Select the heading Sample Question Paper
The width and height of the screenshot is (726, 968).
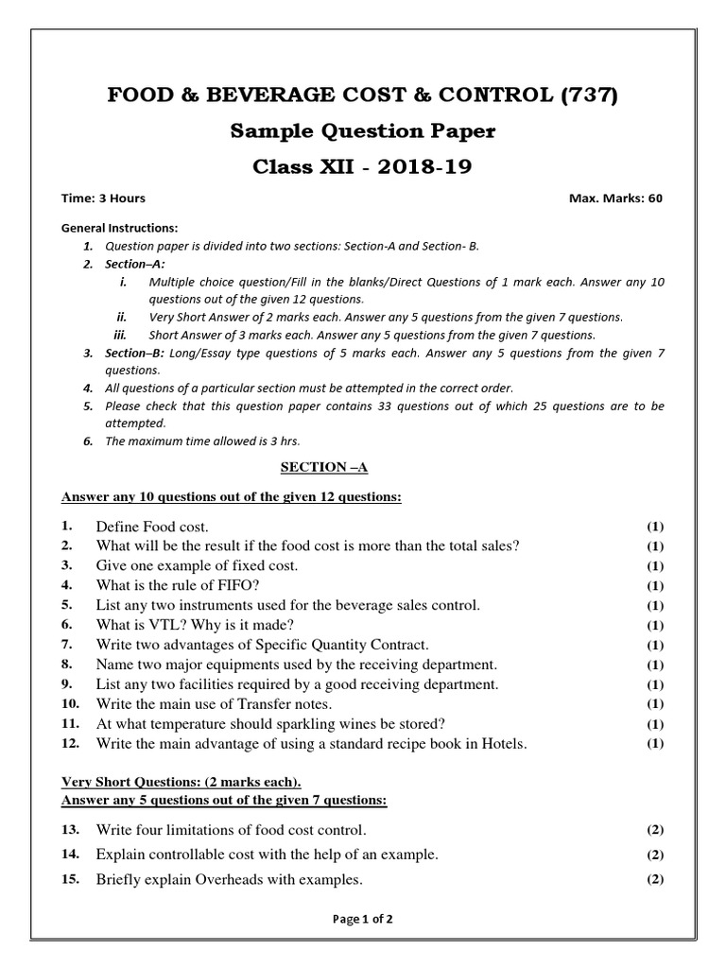coord(363,131)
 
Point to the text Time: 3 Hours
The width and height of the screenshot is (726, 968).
coord(104,199)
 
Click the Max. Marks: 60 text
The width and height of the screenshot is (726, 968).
coord(615,199)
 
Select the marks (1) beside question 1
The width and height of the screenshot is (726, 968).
coord(655,527)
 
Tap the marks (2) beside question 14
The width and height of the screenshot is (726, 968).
coord(655,855)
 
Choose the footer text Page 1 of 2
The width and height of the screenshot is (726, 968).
coord(362,919)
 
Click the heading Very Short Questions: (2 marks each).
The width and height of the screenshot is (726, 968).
coord(181,782)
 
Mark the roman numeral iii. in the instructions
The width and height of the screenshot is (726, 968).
coord(120,335)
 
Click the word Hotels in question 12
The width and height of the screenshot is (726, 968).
coord(502,744)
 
